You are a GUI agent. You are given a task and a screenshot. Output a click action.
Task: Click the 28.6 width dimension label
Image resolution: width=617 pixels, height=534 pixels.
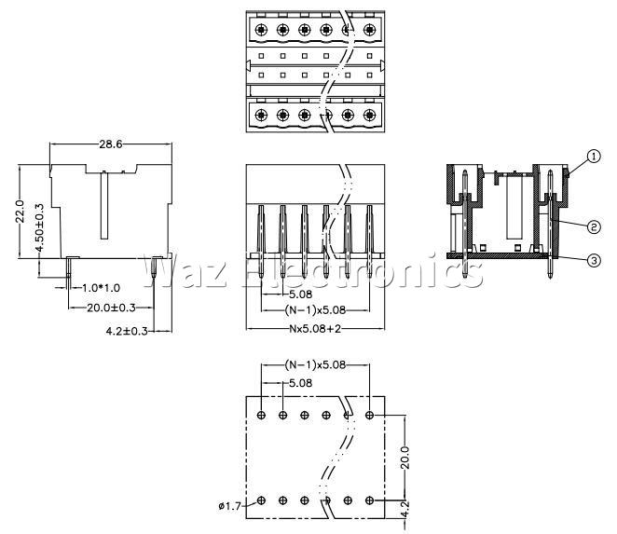tap(111, 144)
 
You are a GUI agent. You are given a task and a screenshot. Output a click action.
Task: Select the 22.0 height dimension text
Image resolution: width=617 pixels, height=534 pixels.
tap(20, 212)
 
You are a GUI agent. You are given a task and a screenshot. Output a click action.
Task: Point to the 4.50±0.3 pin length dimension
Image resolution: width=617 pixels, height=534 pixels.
tap(40, 227)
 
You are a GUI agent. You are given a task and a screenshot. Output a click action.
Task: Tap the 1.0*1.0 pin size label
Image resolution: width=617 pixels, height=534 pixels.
tap(102, 288)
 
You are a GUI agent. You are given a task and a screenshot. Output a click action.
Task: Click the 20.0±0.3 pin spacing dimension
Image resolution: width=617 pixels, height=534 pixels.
tap(111, 308)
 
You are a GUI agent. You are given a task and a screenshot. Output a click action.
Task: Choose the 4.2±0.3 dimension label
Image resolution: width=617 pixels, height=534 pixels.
tap(127, 332)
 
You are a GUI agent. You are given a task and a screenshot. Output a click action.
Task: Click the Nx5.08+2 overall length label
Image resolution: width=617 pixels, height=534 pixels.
tap(315, 329)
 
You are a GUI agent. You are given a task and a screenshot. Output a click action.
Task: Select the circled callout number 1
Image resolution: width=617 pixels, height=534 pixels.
tap(594, 157)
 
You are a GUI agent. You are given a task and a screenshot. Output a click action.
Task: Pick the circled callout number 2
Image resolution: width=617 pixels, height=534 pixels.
tap(594, 226)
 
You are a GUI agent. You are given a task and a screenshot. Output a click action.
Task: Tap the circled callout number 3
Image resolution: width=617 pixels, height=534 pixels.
tap(594, 260)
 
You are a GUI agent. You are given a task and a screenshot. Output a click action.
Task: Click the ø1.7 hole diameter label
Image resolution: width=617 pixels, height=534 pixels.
tap(229, 506)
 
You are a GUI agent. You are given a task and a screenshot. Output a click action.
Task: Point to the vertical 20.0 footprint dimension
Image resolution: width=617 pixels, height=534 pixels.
tap(404, 458)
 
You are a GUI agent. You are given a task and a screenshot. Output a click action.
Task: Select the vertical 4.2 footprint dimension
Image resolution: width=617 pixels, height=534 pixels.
tap(404, 508)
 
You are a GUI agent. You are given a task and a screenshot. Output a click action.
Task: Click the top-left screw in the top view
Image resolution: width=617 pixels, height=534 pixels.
tap(261, 29)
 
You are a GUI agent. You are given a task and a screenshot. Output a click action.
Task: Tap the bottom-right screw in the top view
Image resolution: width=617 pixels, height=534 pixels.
tap(369, 115)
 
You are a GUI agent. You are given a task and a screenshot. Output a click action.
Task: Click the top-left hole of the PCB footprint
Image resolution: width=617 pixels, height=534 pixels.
tap(261, 415)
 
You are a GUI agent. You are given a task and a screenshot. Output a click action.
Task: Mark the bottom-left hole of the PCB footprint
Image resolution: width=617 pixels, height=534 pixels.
tap(261, 500)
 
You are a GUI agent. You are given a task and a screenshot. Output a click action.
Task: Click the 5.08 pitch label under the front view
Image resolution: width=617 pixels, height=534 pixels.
tap(300, 294)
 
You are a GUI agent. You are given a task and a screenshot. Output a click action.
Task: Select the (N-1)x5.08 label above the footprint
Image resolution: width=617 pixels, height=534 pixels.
tap(315, 365)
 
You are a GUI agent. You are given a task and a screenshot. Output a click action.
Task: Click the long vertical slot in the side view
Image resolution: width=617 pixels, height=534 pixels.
tap(103, 205)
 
